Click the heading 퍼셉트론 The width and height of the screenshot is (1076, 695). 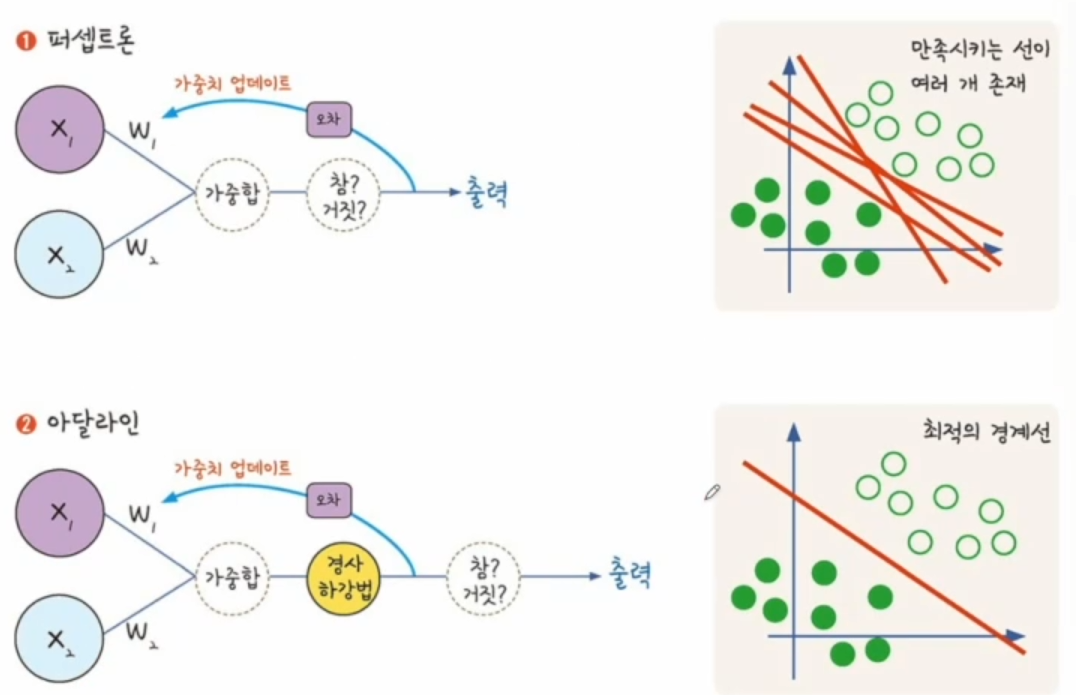pyautogui.click(x=90, y=43)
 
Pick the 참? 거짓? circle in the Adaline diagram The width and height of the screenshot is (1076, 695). pyautogui.click(x=483, y=577)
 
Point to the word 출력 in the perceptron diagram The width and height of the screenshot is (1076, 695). pyautogui.click(x=486, y=192)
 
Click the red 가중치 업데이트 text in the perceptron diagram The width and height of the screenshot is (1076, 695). pyautogui.click(x=240, y=84)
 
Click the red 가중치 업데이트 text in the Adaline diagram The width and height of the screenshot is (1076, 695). pyautogui.click(x=240, y=467)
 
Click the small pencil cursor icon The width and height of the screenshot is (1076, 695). pyautogui.click(x=712, y=491)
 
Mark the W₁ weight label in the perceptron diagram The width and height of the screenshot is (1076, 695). pyautogui.click(x=143, y=129)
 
